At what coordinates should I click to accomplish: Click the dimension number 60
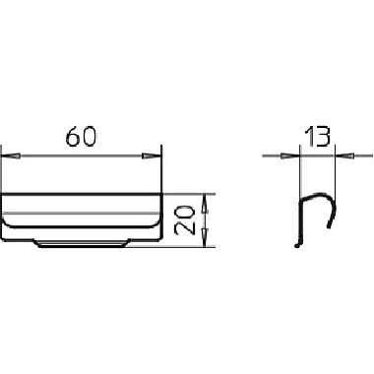[x=82, y=136]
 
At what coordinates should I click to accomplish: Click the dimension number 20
[x=184, y=220]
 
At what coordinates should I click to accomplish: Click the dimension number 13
[x=317, y=137]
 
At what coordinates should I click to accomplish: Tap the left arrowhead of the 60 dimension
[x=11, y=156]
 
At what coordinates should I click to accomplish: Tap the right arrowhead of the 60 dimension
[x=152, y=156]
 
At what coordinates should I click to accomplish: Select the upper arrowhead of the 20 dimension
[x=205, y=204]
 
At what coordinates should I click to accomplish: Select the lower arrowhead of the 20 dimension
[x=205, y=237]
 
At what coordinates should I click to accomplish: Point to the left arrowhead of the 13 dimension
[x=290, y=156]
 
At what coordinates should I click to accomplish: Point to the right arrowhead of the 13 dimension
[x=344, y=156]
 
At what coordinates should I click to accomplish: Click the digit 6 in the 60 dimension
[x=73, y=136]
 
